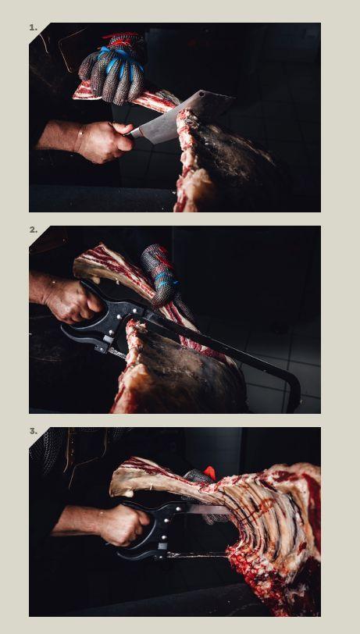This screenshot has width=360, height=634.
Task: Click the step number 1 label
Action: [x=33, y=27]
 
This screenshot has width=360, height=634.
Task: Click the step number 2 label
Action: [x=33, y=230]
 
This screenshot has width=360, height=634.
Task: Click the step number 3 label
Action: [x=33, y=432]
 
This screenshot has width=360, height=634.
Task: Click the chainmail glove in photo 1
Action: [x=113, y=69]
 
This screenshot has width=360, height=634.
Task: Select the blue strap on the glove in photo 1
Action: [x=119, y=61]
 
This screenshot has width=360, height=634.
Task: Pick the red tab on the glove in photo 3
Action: [x=209, y=472]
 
